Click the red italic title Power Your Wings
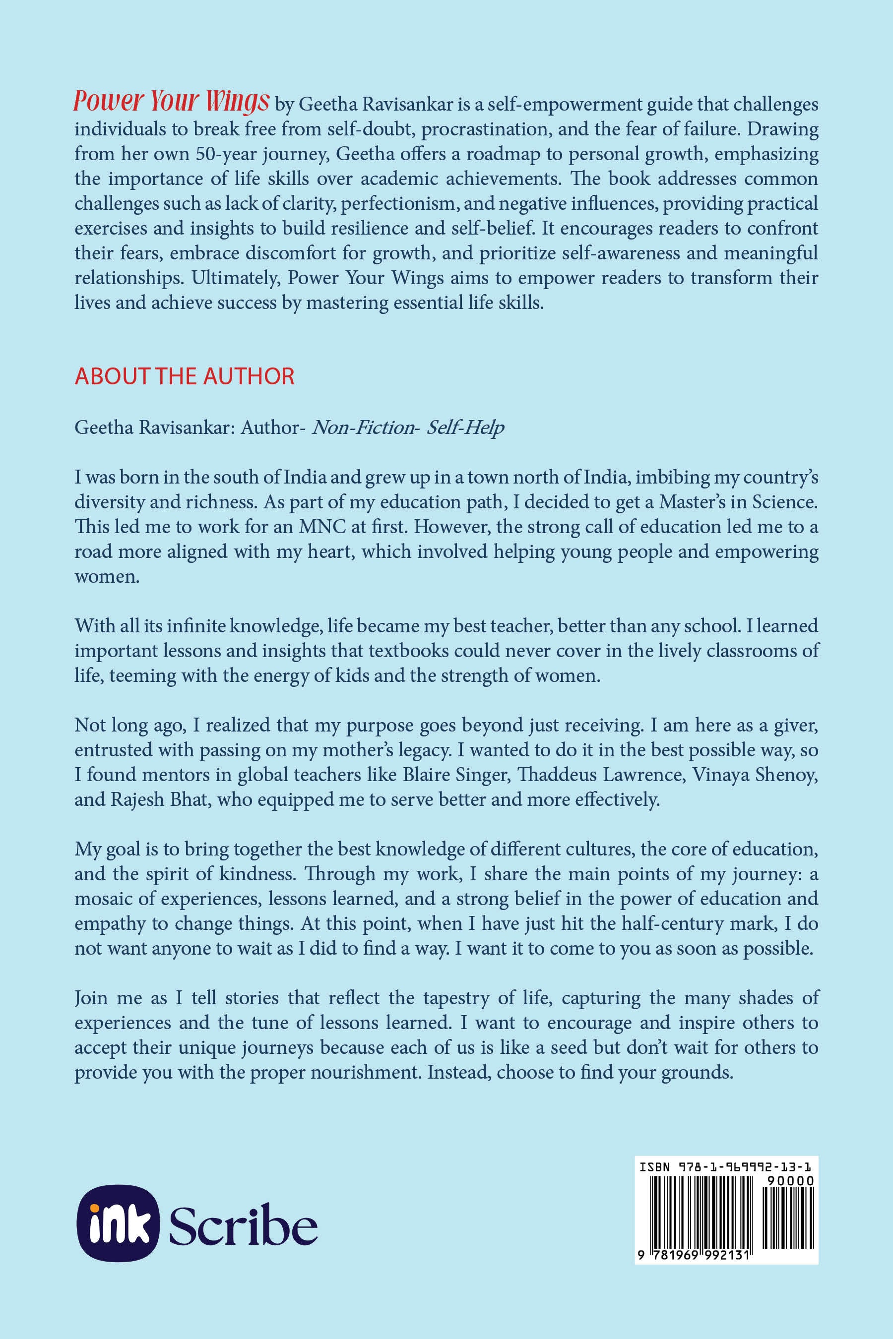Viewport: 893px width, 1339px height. [171, 101]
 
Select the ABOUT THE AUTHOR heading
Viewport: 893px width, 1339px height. [185, 376]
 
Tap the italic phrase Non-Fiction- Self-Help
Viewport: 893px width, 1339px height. [408, 427]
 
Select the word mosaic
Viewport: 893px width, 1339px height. [109, 898]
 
